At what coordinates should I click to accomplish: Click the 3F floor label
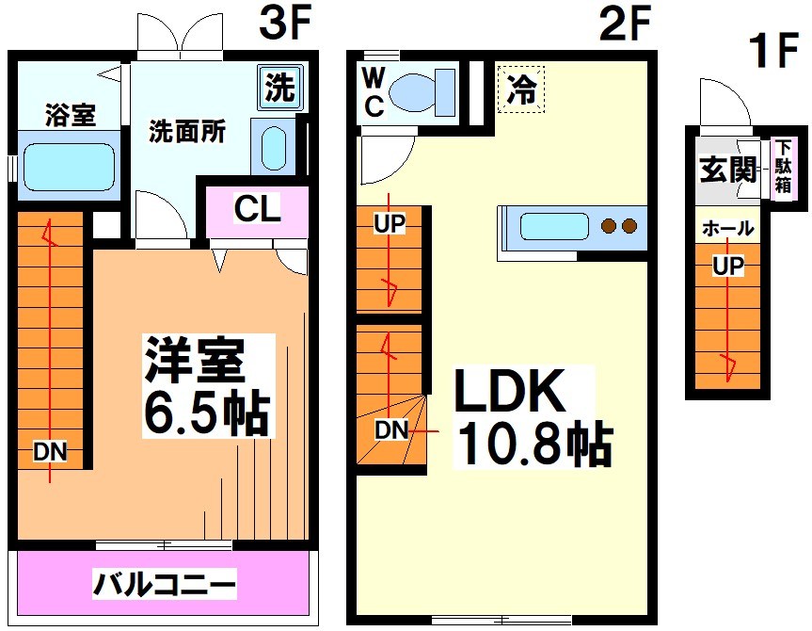click(x=284, y=25)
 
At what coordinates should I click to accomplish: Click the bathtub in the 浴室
click(x=68, y=167)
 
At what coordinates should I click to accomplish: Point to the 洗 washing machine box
click(x=279, y=89)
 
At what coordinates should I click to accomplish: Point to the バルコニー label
click(x=164, y=585)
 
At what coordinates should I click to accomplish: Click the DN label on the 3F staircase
click(x=51, y=452)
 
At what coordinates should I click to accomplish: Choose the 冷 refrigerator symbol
click(x=520, y=90)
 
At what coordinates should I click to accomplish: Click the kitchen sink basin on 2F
click(x=554, y=227)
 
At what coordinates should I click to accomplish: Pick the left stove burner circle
click(x=609, y=226)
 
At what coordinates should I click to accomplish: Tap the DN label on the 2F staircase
click(x=391, y=431)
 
